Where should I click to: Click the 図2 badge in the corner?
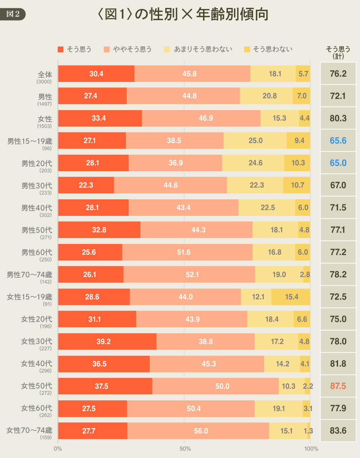[x=13, y=14]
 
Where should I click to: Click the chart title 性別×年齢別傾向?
[x=183, y=14]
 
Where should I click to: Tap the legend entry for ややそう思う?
[x=128, y=49]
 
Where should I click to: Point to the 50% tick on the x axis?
[x=185, y=449]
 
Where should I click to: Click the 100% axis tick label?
[x=311, y=449]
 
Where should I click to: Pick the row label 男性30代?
[x=36, y=186]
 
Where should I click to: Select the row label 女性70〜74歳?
[x=29, y=430]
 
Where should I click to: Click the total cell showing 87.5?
[x=338, y=386]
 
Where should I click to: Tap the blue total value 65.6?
[x=338, y=141]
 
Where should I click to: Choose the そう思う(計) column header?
[x=338, y=52]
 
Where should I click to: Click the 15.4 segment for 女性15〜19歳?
[x=291, y=297]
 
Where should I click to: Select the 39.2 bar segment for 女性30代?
[x=107, y=341]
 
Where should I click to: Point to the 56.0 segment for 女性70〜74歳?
[x=198, y=431]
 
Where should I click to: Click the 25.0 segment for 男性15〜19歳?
[x=255, y=141]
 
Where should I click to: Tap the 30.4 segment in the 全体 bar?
[x=96, y=74]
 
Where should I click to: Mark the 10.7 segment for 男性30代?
[x=297, y=185]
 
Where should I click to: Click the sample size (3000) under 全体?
[x=44, y=82]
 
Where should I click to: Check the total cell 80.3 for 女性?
[x=338, y=118]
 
